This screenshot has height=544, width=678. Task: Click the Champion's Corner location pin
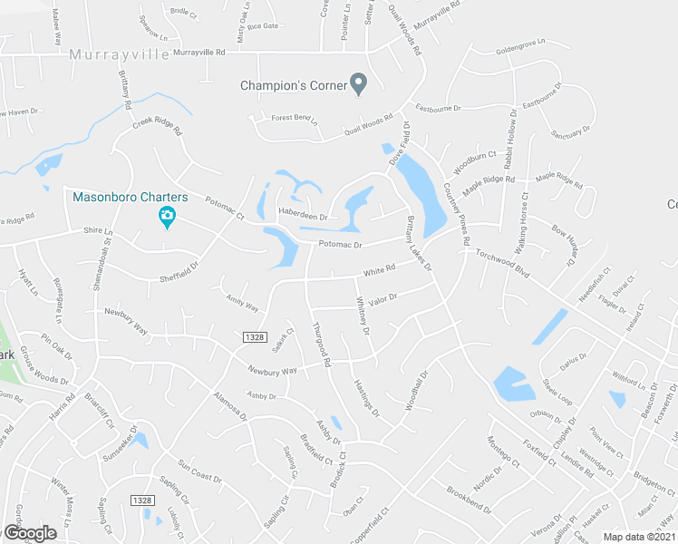click(x=359, y=84)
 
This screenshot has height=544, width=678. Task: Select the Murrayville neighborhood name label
click(x=119, y=55)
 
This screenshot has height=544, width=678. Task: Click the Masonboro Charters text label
click(x=131, y=197)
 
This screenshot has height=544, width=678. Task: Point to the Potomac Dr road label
click(x=340, y=245)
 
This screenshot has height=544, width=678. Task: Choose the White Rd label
click(x=380, y=269)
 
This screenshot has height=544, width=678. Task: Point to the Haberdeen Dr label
click(x=302, y=216)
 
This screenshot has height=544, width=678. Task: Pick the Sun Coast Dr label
click(x=199, y=471)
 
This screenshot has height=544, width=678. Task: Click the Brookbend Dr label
click(x=469, y=499)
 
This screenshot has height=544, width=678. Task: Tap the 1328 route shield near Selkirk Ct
click(x=254, y=336)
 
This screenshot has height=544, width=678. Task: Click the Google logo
click(x=30, y=533)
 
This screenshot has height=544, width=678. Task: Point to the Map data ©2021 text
click(x=639, y=537)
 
